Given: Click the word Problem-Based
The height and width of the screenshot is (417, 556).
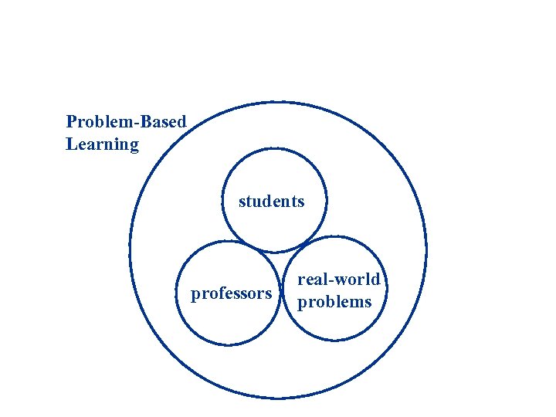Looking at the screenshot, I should pos(126,122).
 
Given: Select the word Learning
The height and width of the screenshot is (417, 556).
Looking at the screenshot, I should pos(102,144).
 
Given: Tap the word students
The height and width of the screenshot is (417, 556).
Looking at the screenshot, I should pos(272,202).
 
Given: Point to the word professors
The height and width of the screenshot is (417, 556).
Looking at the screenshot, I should pos(231,293).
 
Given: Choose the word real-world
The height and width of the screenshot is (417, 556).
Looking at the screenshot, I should pos(339,280).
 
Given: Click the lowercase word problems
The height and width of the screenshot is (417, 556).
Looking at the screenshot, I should pos(334,302).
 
